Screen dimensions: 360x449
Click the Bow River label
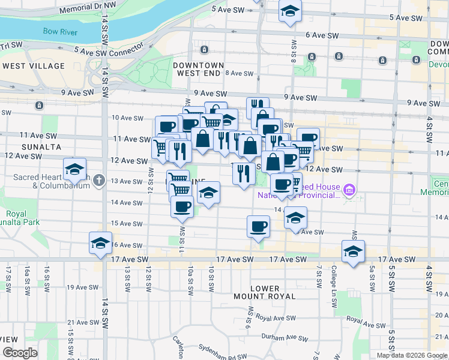click(x=60, y=32)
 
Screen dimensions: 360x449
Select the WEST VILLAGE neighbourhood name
click(x=28, y=65)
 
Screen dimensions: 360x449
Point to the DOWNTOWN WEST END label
click(x=198, y=69)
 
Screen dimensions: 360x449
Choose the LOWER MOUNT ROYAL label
click(x=265, y=292)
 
